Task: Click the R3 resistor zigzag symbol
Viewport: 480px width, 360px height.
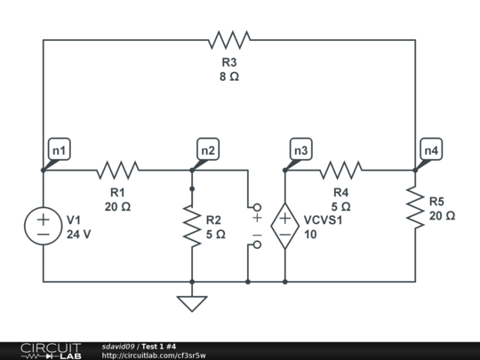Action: (x=229, y=39)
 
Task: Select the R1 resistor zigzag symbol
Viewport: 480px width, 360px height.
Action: (x=117, y=169)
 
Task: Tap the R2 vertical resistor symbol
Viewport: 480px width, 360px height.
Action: (x=191, y=226)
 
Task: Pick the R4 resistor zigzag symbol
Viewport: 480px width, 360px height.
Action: (x=341, y=169)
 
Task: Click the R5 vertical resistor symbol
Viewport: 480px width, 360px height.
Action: (x=415, y=206)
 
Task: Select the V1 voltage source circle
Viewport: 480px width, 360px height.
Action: (x=43, y=226)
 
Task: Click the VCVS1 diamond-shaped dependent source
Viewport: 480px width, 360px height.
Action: (x=284, y=226)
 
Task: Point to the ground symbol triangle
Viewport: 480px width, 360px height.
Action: (x=191, y=303)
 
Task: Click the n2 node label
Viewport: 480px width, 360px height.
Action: (x=208, y=151)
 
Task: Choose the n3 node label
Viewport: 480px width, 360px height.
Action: (x=301, y=151)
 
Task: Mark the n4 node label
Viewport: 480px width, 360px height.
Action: (x=431, y=151)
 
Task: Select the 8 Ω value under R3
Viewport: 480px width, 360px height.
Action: (x=229, y=76)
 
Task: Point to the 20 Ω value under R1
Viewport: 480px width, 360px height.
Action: (x=117, y=206)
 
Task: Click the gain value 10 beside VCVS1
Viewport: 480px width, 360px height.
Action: (x=310, y=235)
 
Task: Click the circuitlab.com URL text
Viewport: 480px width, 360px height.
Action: (x=153, y=356)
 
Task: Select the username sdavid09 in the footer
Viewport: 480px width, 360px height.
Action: (x=117, y=346)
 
